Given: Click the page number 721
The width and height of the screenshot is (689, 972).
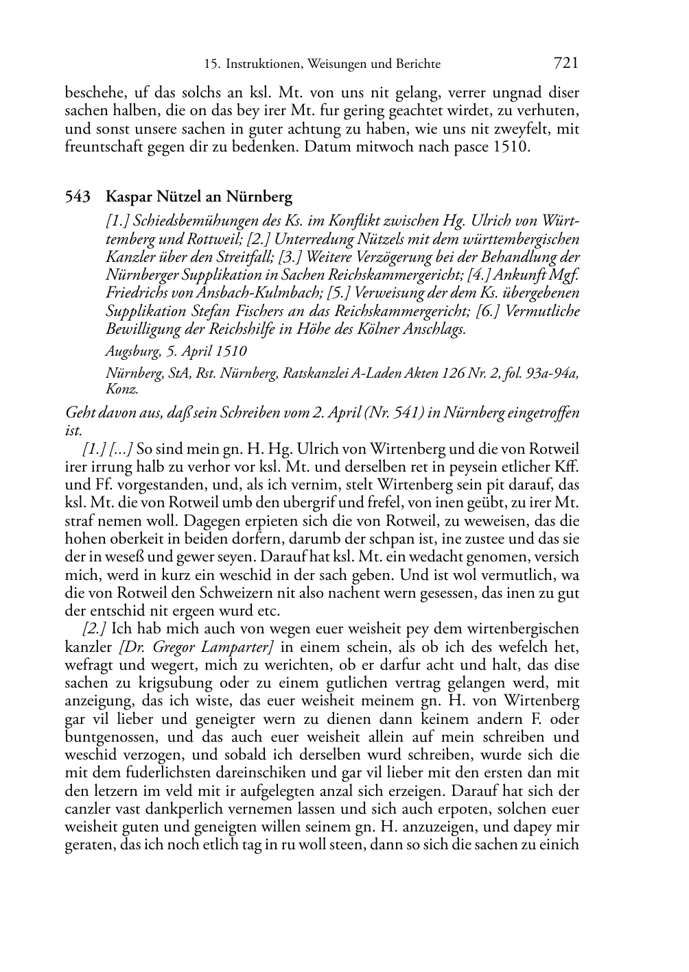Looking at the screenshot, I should coord(565,64).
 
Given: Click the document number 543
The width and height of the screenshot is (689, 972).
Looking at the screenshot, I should coord(78,197).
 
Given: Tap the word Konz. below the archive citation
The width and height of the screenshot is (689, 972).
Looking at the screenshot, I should coord(121,389).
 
